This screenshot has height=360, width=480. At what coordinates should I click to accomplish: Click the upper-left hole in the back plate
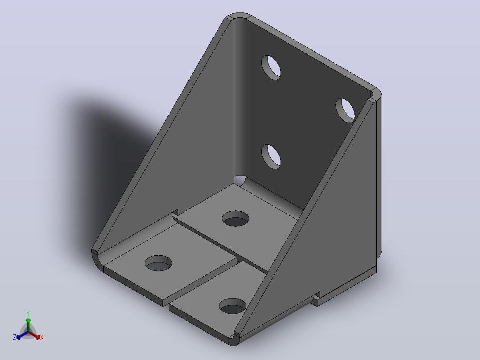[271, 68]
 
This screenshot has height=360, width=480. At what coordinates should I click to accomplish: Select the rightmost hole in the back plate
[346, 110]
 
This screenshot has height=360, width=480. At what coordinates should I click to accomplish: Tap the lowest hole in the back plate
[271, 157]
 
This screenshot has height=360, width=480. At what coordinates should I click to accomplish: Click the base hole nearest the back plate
[236, 218]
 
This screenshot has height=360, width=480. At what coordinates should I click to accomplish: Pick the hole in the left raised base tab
[158, 263]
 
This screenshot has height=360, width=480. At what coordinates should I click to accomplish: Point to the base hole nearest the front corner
[232, 306]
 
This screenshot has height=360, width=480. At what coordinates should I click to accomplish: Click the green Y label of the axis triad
[28, 314]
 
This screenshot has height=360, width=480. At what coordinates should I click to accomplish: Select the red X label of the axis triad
[42, 337]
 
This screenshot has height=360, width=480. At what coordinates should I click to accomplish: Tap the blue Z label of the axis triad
[15, 337]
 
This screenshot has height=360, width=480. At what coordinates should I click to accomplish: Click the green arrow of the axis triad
[28, 325]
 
